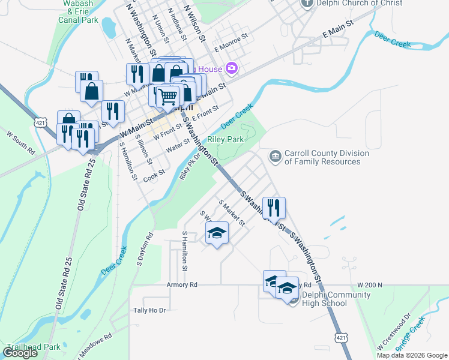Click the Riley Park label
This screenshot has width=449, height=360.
pos(226,139)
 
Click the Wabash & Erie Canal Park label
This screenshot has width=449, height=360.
pos(79,11)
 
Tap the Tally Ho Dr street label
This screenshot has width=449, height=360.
pos(149,310)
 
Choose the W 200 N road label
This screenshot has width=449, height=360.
pos(369,284)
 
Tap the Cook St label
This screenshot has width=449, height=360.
pos(154,174)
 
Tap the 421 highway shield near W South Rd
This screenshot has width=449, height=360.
pos(41,122)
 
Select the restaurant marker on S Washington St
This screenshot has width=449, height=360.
pos(274,209)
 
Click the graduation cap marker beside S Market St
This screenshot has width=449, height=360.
pos(217,233)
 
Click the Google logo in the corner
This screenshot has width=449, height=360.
pos(20,353)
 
